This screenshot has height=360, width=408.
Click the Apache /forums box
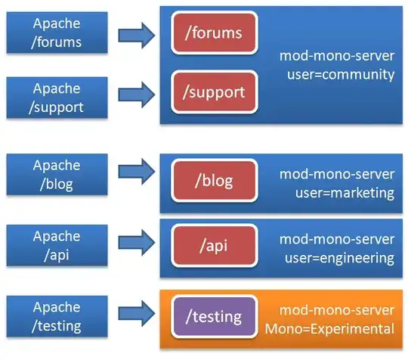pyautogui.click(x=57, y=33)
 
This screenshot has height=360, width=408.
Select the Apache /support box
pyautogui.click(x=57, y=97)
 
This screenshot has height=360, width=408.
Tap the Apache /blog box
pyautogui.click(x=57, y=175)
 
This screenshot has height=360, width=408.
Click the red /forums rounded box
pyautogui.click(x=214, y=34)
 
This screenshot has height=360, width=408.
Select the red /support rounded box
pyautogui.click(x=214, y=93)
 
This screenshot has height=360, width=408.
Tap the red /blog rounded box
pyautogui.click(x=214, y=181)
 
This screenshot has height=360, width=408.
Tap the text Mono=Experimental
pyautogui.click(x=335, y=329)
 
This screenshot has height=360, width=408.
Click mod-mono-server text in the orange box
pyautogui.click(x=337, y=310)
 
